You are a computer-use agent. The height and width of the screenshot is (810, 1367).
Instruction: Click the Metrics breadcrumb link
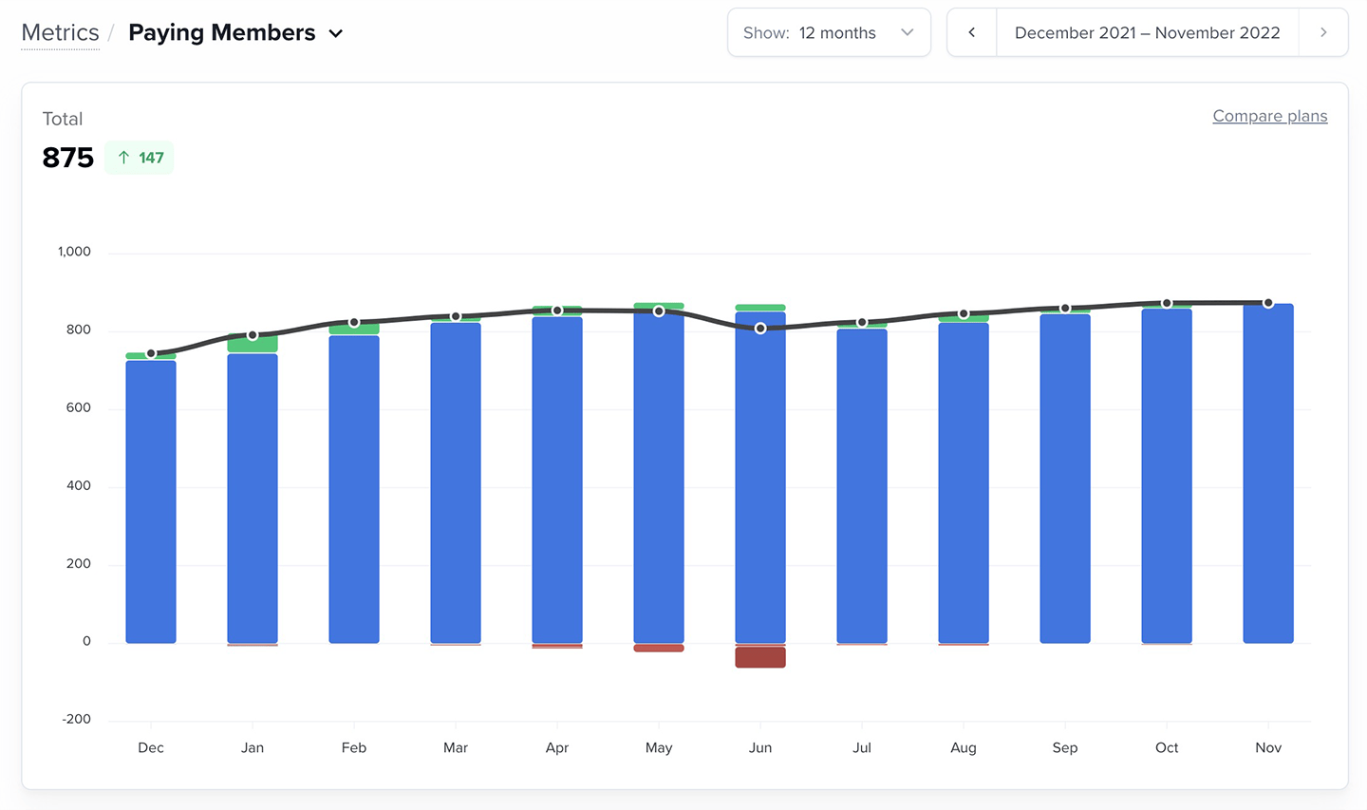click(60, 33)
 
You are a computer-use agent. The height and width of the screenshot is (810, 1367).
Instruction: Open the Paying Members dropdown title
click(234, 33)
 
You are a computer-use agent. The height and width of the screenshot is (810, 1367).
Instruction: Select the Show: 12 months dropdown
click(828, 33)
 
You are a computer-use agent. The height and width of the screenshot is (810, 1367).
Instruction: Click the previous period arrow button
click(971, 33)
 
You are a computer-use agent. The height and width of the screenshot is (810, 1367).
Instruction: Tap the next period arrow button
click(1323, 33)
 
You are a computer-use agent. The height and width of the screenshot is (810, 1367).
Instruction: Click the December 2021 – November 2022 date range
click(1147, 33)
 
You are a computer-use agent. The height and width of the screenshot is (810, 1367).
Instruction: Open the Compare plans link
click(1269, 116)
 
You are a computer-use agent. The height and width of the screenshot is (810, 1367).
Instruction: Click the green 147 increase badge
click(140, 158)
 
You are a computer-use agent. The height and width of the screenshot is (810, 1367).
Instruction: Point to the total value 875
click(68, 158)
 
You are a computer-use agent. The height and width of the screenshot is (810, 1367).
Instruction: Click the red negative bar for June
click(760, 657)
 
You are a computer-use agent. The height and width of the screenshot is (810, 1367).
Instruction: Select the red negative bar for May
click(659, 649)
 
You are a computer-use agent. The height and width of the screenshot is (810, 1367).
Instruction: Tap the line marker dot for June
click(760, 329)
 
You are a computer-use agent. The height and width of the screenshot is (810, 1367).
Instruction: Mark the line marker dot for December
click(151, 353)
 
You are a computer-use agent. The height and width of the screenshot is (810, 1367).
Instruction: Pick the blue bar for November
click(1268, 475)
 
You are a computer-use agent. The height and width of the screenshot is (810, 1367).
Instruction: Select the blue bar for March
click(456, 484)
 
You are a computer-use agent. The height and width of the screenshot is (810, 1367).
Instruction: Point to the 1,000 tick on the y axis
click(74, 252)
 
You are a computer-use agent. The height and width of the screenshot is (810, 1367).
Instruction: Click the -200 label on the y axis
click(76, 719)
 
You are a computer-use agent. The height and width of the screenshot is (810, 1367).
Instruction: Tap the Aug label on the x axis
click(963, 748)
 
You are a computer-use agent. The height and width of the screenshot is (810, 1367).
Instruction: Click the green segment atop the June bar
click(760, 308)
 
